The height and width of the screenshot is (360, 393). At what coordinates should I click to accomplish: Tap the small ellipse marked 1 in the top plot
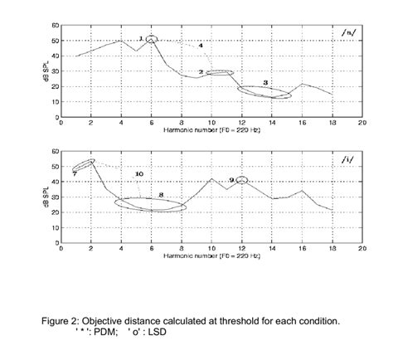(x=151, y=39)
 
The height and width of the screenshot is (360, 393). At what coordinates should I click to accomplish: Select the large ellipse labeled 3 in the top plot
(x=264, y=91)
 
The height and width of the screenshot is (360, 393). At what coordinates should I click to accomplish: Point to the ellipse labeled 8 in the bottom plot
(x=151, y=204)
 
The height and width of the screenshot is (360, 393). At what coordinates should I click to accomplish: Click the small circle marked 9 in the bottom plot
(x=242, y=180)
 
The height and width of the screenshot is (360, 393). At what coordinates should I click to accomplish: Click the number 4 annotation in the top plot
(x=201, y=44)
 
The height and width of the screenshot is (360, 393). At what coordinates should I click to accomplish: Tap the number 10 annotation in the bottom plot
(x=139, y=173)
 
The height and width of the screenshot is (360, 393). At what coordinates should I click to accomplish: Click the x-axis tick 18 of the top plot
(x=332, y=122)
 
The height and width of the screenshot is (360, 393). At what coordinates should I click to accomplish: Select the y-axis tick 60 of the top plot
(x=55, y=26)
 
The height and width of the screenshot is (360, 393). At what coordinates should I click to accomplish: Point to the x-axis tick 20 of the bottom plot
(x=361, y=248)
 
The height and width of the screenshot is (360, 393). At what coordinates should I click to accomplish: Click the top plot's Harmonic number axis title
(x=211, y=129)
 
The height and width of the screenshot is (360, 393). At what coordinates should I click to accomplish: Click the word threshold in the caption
(x=235, y=319)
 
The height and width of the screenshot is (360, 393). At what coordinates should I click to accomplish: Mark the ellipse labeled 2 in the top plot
(x=219, y=73)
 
